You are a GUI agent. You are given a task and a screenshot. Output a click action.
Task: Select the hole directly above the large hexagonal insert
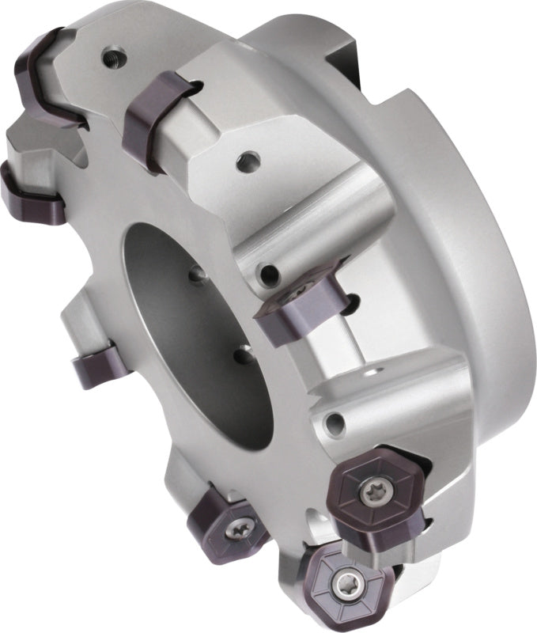click(337, 422)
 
